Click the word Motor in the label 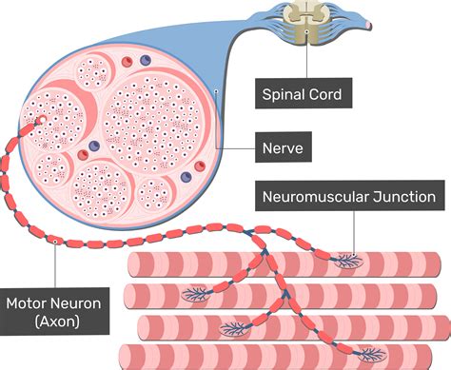[x=28, y=304]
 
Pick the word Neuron [x=79, y=304]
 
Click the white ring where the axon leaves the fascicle [x=41, y=122]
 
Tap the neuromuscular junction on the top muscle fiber [x=343, y=259]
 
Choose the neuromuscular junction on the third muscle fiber [x=234, y=329]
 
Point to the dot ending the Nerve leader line [x=218, y=92]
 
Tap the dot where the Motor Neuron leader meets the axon [x=58, y=242]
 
